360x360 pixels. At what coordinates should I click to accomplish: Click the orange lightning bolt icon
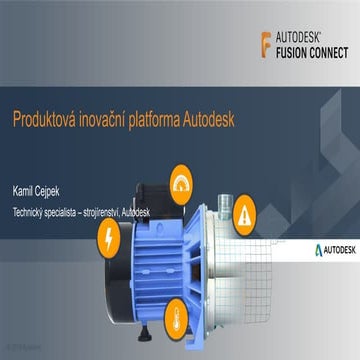(105, 239)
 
